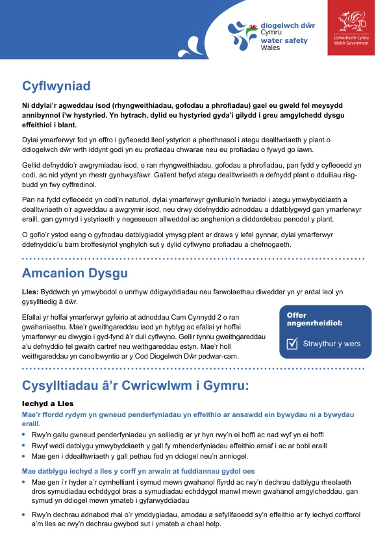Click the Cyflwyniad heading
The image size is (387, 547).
(56, 86)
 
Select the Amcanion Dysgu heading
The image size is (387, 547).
(75, 273)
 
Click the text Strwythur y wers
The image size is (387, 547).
(332, 344)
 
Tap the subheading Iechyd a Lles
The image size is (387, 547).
(47, 403)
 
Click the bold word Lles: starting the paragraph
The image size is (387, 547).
(31, 292)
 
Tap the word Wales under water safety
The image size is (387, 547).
(271, 47)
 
